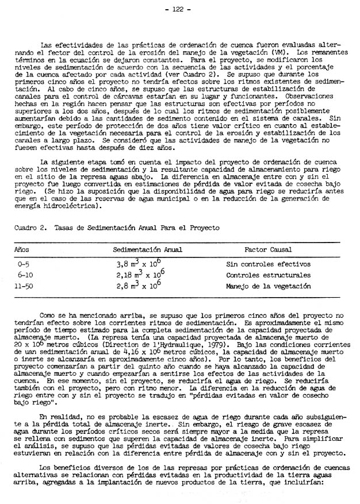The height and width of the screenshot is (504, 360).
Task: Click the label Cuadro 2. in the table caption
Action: [x=26, y=228]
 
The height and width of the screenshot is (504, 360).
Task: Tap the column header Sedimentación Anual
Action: [x=147, y=250]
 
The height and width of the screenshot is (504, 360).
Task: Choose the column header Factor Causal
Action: [x=268, y=250]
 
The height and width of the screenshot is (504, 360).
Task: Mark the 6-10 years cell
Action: [x=26, y=275]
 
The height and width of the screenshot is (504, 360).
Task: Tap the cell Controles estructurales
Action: [x=268, y=275]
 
